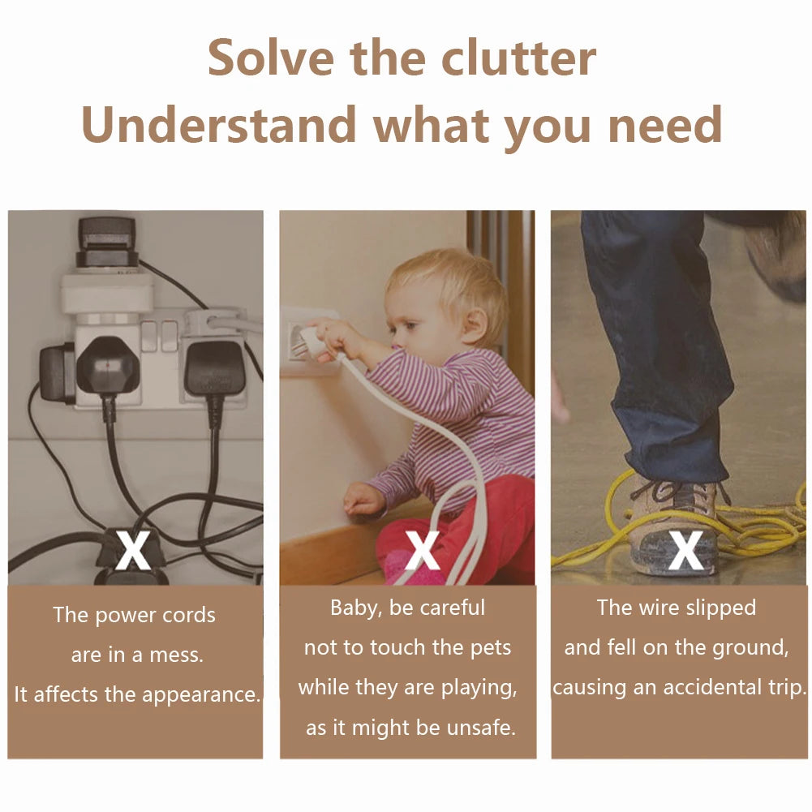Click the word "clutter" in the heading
pos(518,58)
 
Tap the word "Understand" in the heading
pos(218,124)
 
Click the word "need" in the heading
pos(665,124)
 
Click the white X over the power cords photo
pos(132,549)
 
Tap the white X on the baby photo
pos(423,549)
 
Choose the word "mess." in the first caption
pos(177,655)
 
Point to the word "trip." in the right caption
pos(788,688)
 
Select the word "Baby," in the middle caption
pos(357,608)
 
